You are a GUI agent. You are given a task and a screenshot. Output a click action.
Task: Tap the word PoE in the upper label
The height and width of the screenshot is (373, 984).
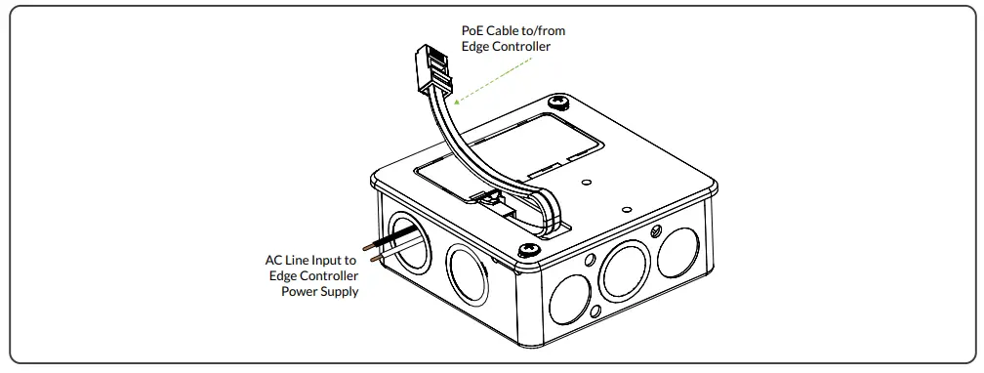pos(473,30)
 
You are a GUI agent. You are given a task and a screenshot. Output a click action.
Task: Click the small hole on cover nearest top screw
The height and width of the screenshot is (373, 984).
pos(585,182)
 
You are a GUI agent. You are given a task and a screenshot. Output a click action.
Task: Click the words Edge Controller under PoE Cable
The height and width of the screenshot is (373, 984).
pos(512,46)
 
